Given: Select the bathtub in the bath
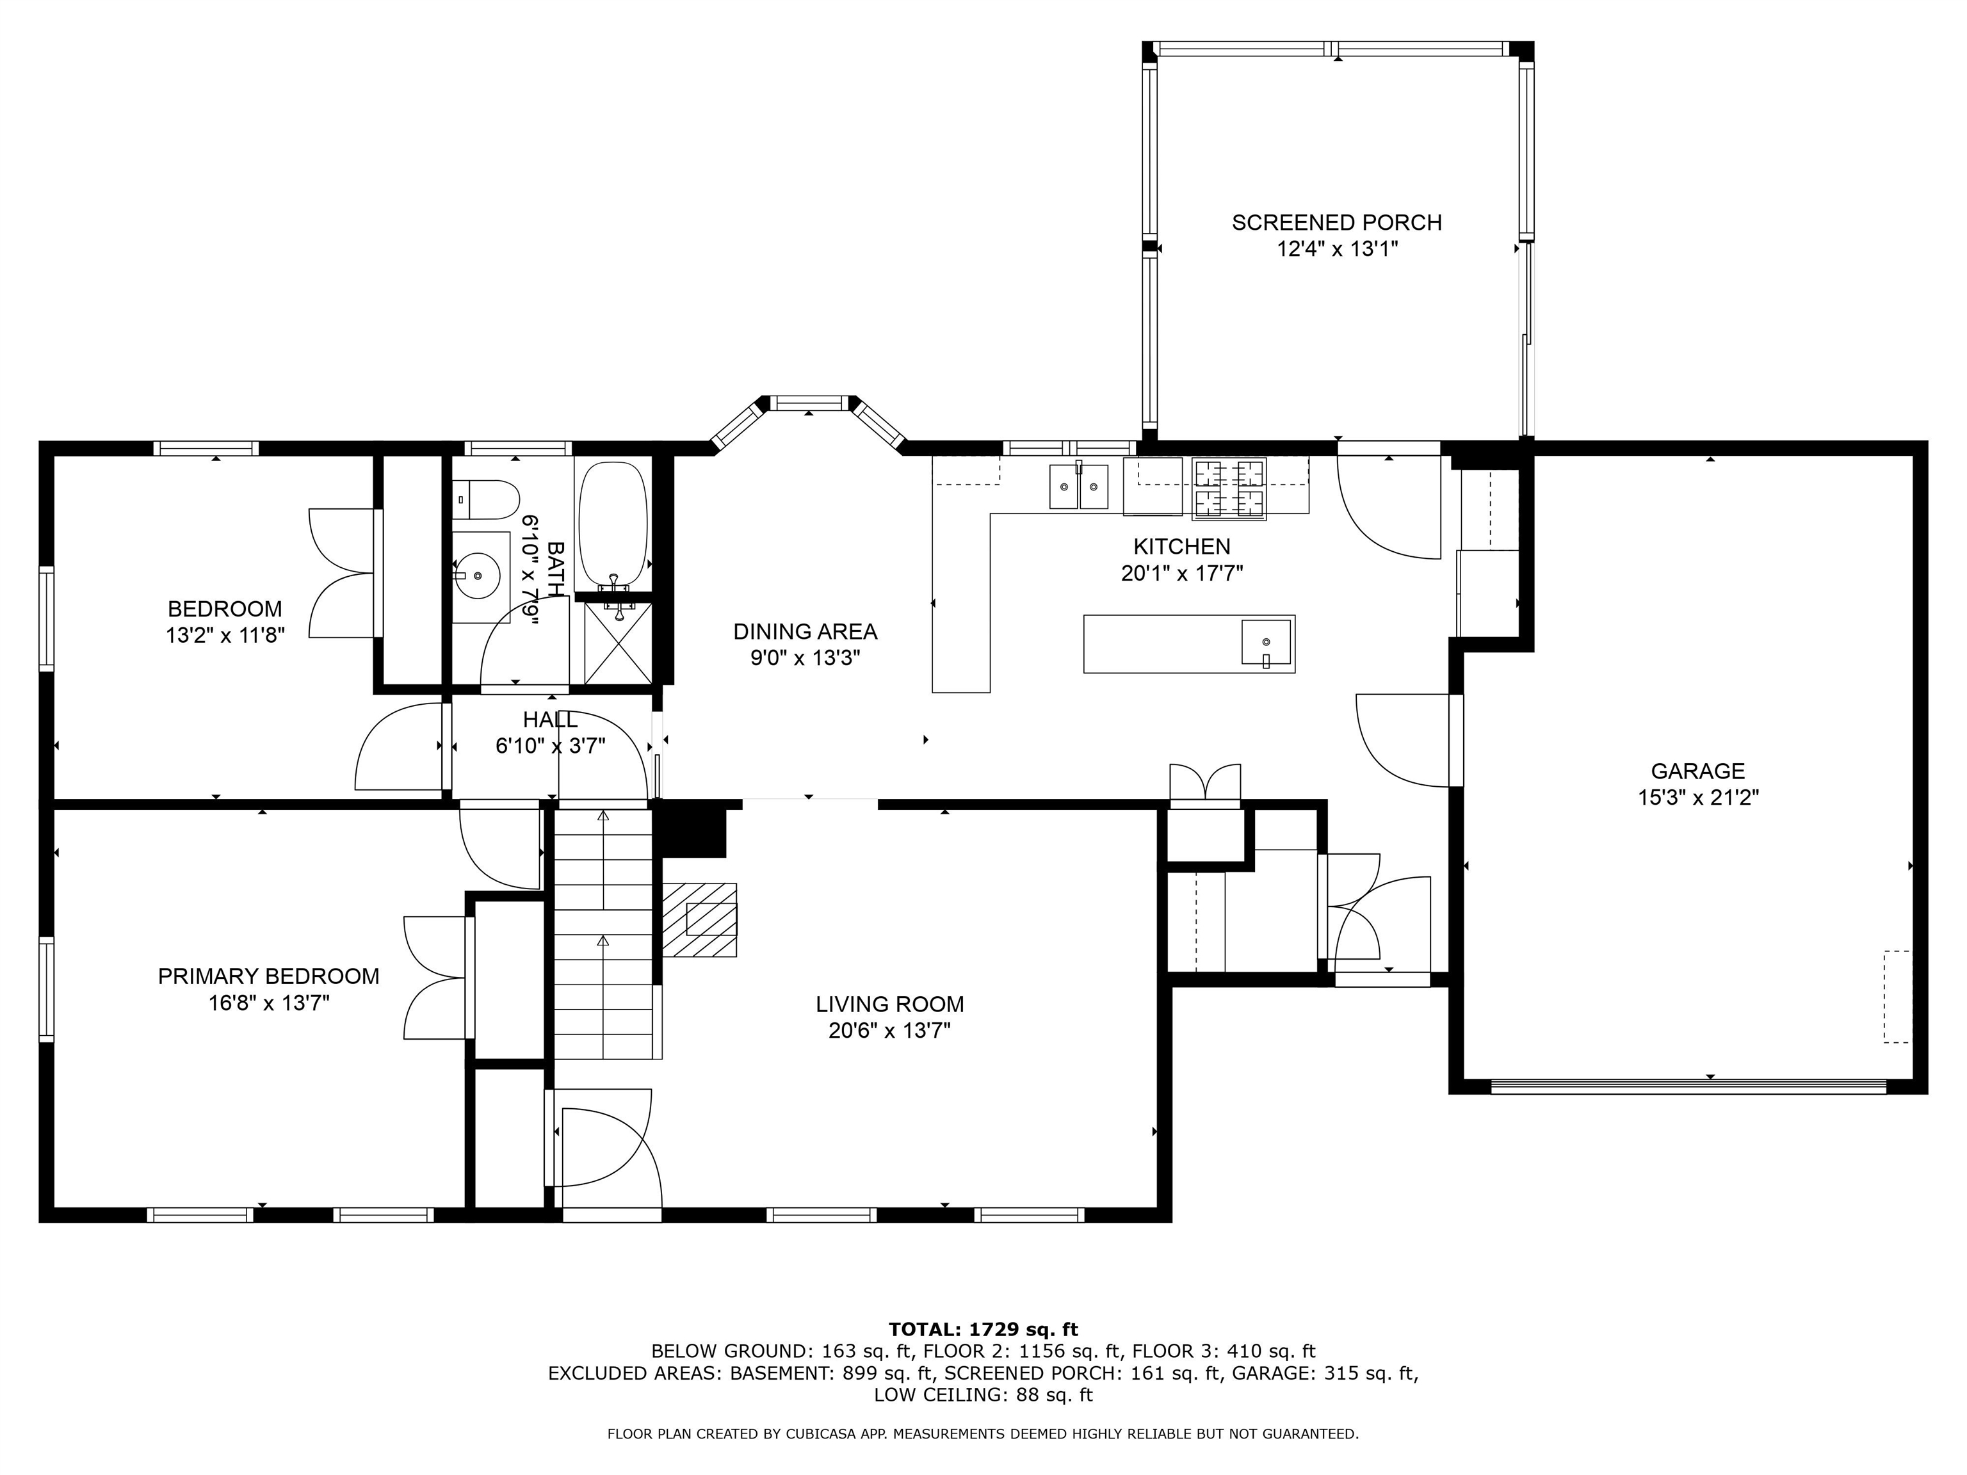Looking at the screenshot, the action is point(613,524).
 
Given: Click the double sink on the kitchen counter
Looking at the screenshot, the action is point(1080,487).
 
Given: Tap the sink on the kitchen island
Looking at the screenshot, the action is point(1267,642).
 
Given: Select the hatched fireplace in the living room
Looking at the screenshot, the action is point(700,919).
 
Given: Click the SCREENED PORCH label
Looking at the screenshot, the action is point(1336,222).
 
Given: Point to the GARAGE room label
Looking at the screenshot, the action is point(1697,771).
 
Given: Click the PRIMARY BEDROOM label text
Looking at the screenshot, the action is point(268,976).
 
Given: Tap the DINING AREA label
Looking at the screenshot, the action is point(805,631).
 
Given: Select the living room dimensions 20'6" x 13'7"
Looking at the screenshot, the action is point(889,1031).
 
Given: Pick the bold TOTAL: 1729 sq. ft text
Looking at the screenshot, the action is point(983,1329).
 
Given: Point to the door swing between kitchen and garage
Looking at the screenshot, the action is point(1404,741).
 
